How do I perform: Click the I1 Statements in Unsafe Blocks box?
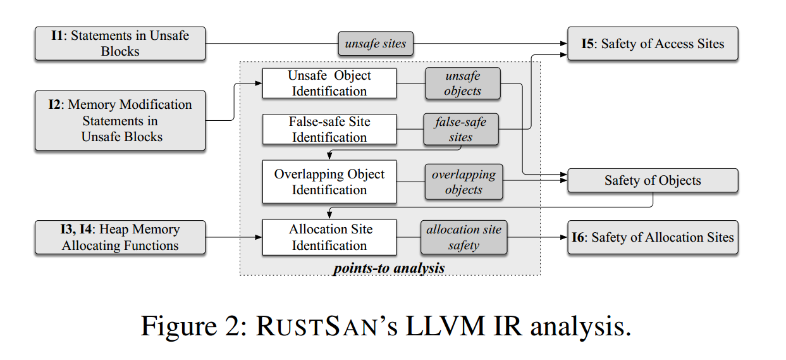click(x=120, y=44)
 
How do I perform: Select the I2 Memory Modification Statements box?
click(x=120, y=120)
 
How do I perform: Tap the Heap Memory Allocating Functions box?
click(x=120, y=237)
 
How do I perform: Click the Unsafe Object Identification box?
click(x=329, y=83)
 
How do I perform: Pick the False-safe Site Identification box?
click(x=329, y=129)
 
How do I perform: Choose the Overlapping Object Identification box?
click(x=329, y=182)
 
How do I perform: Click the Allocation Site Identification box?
click(x=329, y=237)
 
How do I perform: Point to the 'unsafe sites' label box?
click(x=376, y=44)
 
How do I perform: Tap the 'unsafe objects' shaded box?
click(x=463, y=83)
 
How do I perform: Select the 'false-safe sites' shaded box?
click(x=460, y=129)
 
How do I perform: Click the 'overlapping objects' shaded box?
click(x=464, y=182)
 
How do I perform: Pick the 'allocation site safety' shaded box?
click(x=464, y=237)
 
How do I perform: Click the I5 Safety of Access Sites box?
click(x=653, y=44)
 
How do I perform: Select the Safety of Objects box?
click(x=653, y=180)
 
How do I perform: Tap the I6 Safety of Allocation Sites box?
click(x=653, y=237)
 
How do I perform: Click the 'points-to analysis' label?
click(x=389, y=268)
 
